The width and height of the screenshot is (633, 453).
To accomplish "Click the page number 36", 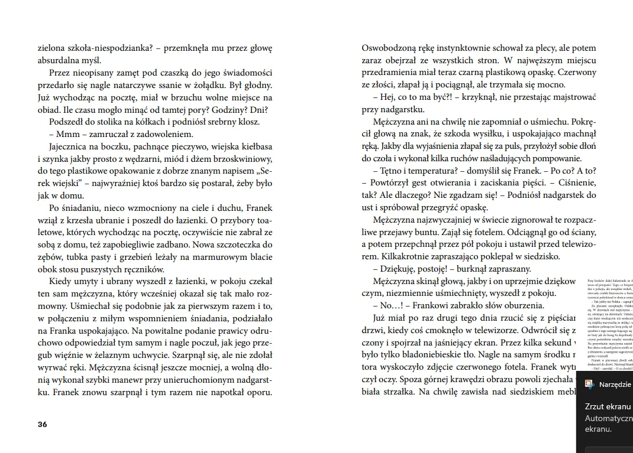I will click(42, 424).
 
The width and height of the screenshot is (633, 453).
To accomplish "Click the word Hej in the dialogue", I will click(387, 97).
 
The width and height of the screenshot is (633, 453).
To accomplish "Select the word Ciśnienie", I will click(576, 183).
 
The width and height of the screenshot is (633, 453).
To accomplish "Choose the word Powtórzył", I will click(393, 183).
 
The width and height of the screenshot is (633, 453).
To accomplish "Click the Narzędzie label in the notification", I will click(615, 384).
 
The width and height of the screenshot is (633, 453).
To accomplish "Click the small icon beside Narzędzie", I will click(590, 384).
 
